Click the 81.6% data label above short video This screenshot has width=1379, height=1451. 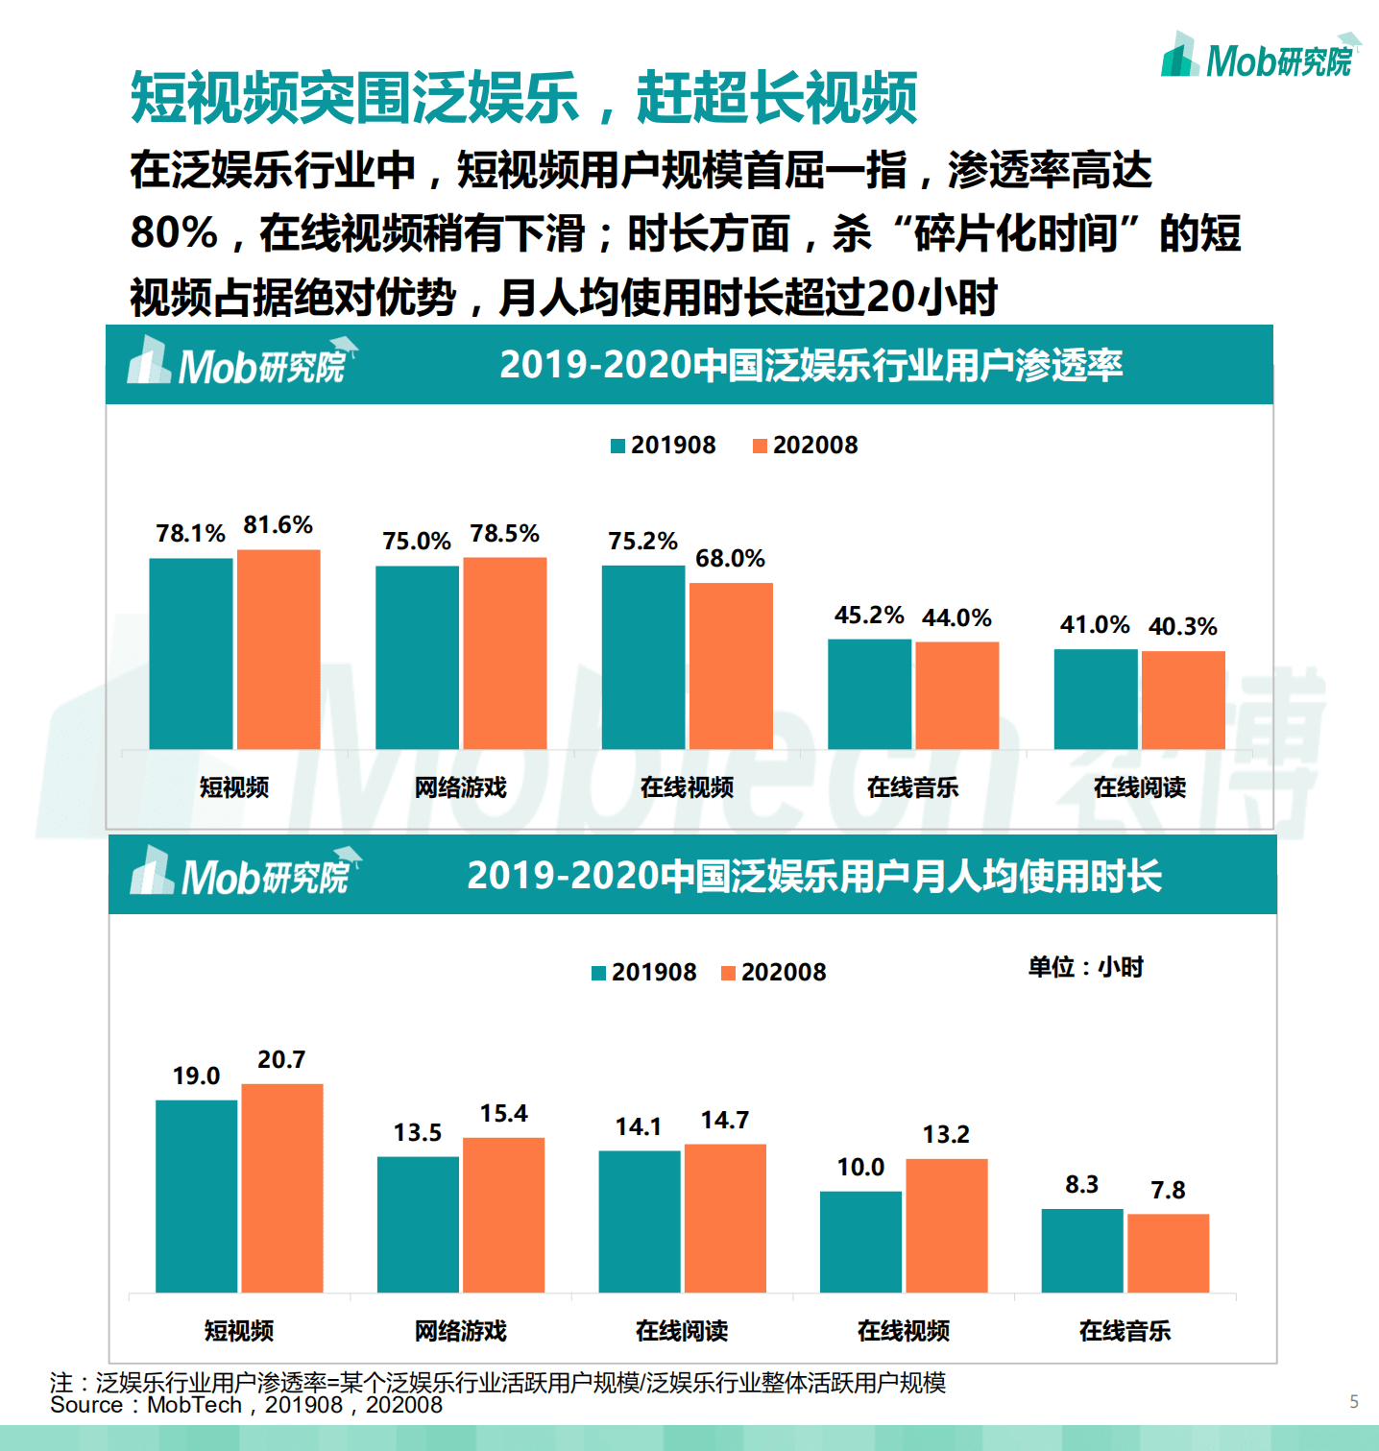click(278, 525)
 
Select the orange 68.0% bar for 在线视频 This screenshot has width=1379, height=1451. click(731, 665)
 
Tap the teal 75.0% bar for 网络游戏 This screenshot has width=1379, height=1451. click(417, 657)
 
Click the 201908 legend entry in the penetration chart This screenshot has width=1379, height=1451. click(664, 446)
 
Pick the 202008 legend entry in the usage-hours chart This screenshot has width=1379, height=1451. click(774, 973)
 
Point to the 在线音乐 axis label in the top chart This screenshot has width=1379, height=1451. click(912, 787)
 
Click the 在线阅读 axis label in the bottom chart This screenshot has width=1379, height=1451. click(682, 1331)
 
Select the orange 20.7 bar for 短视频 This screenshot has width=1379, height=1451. click(282, 1188)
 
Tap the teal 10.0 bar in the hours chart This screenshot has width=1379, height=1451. click(860, 1242)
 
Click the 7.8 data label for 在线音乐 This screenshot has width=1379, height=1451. click(1168, 1191)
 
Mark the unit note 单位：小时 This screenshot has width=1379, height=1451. click(1085, 967)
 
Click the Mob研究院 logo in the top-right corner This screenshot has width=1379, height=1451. click(1260, 58)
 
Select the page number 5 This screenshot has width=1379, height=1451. click(1354, 1402)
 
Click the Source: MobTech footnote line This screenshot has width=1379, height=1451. click(247, 1405)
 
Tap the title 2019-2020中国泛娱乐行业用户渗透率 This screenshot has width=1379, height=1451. click(810, 366)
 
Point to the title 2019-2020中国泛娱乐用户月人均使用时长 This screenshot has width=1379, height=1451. click(814, 876)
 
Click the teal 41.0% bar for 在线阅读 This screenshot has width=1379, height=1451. click(1096, 699)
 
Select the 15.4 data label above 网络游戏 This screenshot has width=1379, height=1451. click(503, 1114)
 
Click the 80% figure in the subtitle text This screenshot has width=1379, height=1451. click(174, 233)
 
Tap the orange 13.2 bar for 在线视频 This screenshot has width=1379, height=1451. click(947, 1225)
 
